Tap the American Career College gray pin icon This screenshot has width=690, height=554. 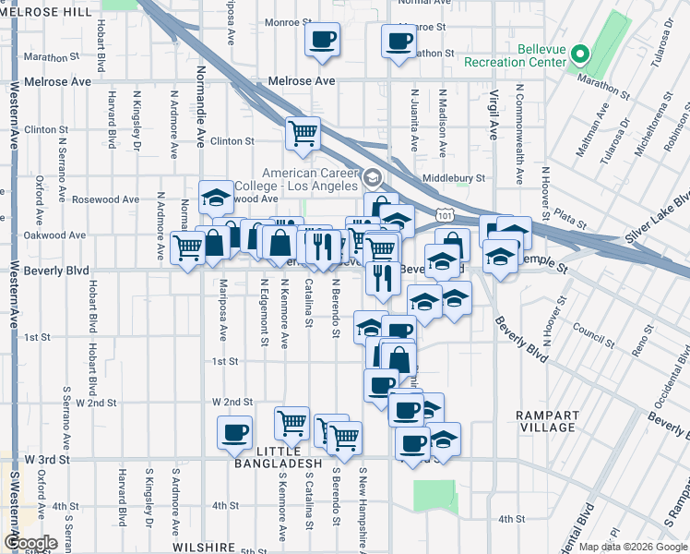click(372, 177)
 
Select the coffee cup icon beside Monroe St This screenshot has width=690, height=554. click(322, 40)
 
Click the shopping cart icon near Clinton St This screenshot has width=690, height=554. click(302, 133)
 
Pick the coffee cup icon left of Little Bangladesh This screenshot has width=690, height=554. click(234, 432)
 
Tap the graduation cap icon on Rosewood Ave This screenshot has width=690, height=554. click(216, 197)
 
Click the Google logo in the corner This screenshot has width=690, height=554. click(30, 543)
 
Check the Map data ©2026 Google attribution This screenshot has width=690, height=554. click(632, 547)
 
